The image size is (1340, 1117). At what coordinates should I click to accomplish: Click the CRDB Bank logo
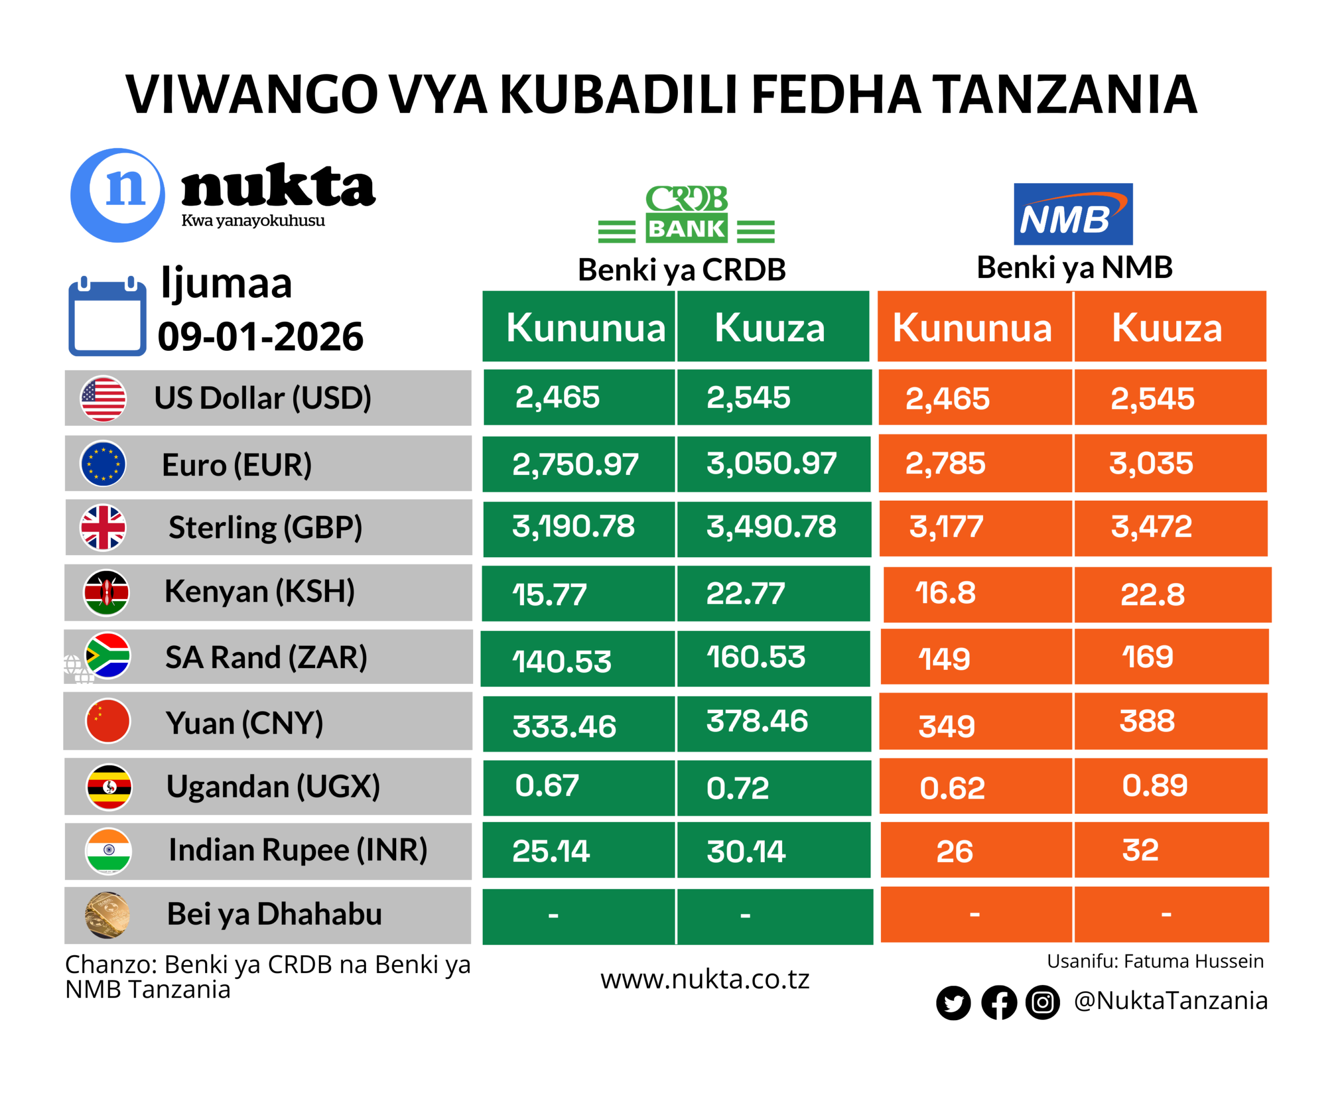[687, 214]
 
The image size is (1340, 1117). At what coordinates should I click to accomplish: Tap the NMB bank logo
[1073, 214]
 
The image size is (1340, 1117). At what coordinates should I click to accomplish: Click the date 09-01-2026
[260, 336]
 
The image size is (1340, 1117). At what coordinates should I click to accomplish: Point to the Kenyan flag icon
[107, 592]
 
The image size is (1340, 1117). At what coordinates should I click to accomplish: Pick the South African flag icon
[108, 656]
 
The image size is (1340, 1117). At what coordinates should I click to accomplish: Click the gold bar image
[107, 914]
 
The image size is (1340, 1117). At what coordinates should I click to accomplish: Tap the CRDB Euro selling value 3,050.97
[772, 463]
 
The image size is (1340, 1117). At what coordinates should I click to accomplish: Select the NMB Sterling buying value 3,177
[946, 527]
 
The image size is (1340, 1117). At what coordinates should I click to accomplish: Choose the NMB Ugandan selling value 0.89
[1154, 785]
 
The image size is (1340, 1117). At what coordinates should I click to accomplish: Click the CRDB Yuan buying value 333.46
[564, 726]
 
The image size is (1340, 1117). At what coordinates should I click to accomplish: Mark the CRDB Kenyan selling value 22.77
[745, 594]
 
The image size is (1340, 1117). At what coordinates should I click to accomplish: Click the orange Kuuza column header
[1166, 328]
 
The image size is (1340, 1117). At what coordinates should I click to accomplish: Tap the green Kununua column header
[585, 328]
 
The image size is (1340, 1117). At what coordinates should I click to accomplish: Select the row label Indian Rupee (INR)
[297, 850]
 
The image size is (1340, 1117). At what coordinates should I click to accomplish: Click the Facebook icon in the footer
[999, 1002]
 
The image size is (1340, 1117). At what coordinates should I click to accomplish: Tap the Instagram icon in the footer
[1043, 1002]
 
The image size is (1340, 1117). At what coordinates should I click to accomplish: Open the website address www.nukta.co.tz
[705, 979]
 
